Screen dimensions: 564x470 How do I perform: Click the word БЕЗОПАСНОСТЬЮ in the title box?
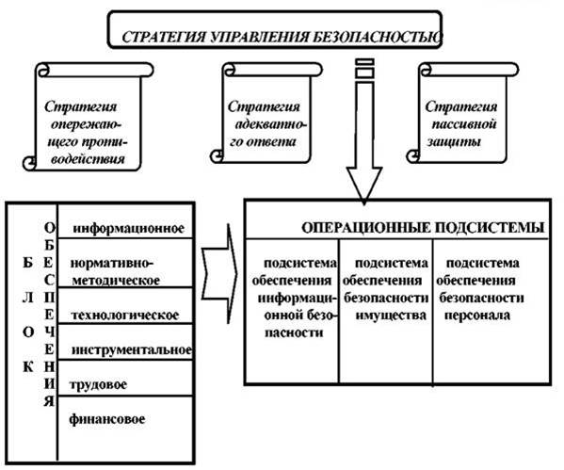(376, 37)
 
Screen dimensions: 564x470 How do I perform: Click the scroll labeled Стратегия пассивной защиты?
(462, 113)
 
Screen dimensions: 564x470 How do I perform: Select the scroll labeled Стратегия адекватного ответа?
(266, 113)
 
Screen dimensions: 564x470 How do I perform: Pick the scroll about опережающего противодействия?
(88, 116)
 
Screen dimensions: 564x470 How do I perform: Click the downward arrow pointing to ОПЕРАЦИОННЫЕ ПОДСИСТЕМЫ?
(364, 130)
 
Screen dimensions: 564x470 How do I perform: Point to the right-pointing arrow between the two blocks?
(219, 273)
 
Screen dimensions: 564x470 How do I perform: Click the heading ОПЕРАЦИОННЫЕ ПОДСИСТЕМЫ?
(423, 228)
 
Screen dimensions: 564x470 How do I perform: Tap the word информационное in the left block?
(128, 228)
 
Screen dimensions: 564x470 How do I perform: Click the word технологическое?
(125, 316)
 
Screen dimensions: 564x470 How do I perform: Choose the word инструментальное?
(131, 349)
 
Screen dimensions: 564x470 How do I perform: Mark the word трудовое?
(98, 384)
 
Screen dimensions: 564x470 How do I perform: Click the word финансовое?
(106, 419)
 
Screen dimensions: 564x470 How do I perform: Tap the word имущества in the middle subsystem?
(391, 316)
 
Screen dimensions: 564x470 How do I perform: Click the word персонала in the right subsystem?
(477, 316)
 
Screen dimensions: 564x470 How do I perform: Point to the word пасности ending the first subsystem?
(294, 332)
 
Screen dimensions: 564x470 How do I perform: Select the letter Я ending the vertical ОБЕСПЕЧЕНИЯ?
(49, 401)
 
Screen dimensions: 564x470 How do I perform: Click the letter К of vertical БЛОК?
(28, 367)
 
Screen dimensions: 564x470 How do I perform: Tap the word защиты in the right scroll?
(454, 142)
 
